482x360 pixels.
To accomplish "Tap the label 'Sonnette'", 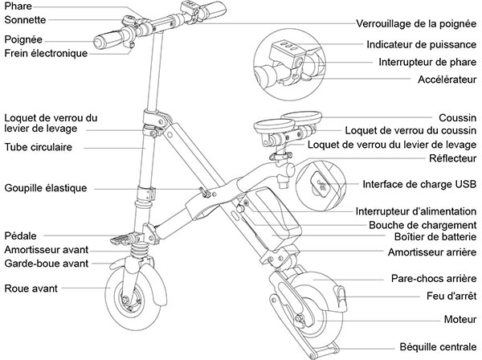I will tap(25, 19).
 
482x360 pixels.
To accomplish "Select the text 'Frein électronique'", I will tap(45, 54).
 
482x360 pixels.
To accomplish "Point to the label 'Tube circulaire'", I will tap(38, 148).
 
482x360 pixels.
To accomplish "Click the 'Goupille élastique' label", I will tap(45, 188).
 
